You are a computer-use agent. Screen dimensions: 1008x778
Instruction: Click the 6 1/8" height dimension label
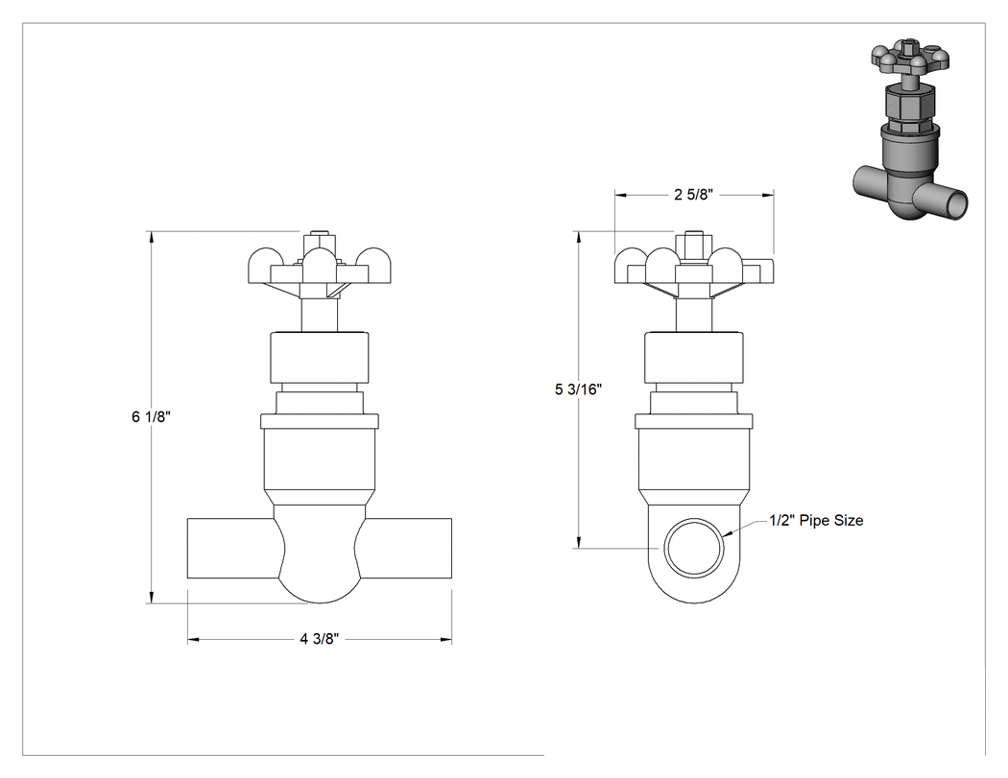click(x=151, y=417)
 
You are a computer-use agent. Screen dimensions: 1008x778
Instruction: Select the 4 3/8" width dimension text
click(x=319, y=639)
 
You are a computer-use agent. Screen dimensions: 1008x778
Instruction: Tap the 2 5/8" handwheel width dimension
click(x=694, y=195)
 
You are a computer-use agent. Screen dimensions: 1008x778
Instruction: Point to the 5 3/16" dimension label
click(x=579, y=389)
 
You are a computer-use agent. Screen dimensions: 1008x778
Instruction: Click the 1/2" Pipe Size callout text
click(x=816, y=520)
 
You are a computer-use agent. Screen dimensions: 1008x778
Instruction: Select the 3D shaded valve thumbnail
click(x=910, y=131)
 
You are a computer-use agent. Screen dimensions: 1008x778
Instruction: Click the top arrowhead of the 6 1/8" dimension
click(x=152, y=236)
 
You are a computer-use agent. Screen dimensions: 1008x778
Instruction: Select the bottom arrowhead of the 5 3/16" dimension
click(x=579, y=542)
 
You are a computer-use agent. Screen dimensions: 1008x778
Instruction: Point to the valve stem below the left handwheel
click(x=320, y=315)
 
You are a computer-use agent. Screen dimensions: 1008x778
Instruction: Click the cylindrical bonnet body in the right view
click(x=694, y=460)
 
